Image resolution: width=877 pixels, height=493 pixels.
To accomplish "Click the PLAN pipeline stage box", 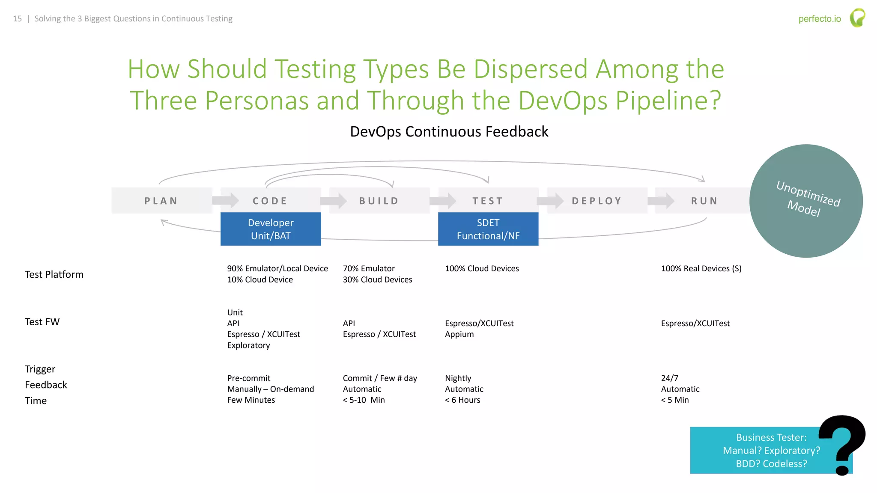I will point(161,201).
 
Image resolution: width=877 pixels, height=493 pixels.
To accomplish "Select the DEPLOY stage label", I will point(597,201).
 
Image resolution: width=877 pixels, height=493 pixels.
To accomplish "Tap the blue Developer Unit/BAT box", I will point(271,229).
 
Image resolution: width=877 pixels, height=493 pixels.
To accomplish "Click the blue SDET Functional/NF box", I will point(488,229).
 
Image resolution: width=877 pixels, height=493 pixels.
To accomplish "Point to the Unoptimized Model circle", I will point(806,201).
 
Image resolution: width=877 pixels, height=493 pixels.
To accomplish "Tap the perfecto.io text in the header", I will point(819,19).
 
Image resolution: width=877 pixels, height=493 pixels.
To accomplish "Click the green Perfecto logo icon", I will point(857,18).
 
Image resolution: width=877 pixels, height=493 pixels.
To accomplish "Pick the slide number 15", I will point(17,19).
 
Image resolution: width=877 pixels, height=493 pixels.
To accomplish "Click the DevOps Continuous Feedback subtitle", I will point(449,131).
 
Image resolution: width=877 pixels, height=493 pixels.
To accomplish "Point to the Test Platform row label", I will point(54,274).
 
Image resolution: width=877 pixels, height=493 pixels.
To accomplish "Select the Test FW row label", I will point(42,322).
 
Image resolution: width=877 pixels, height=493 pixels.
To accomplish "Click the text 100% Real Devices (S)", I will point(701,268).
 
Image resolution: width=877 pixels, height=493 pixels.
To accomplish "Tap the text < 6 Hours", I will point(462,400).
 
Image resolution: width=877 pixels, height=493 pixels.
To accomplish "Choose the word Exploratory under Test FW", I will point(248,345).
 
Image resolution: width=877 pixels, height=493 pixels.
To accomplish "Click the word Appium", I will point(459,334).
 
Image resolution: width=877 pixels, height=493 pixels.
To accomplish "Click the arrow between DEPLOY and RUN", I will point(661,200).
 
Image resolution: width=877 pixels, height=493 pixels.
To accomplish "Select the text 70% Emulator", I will point(369,268).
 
